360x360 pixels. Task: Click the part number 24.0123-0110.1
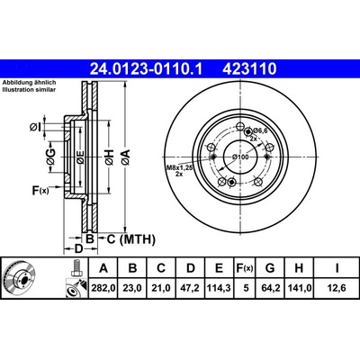(x=147, y=68)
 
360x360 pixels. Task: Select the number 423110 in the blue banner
(x=249, y=68)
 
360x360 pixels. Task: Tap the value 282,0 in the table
(x=103, y=288)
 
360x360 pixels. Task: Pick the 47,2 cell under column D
(x=191, y=288)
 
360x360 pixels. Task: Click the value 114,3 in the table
(x=220, y=288)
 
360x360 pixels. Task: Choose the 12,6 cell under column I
(x=337, y=288)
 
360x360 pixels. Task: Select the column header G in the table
(x=270, y=268)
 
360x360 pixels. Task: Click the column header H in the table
(x=299, y=268)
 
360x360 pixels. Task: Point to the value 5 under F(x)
(x=246, y=288)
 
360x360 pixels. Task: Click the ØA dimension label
(x=126, y=157)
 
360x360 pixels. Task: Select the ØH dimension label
(x=109, y=157)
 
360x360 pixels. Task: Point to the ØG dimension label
(x=50, y=157)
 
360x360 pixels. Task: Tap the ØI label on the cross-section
(x=35, y=128)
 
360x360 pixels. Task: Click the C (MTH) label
(x=131, y=239)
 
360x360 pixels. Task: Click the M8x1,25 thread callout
(x=179, y=171)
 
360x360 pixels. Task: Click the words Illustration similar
(x=29, y=90)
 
